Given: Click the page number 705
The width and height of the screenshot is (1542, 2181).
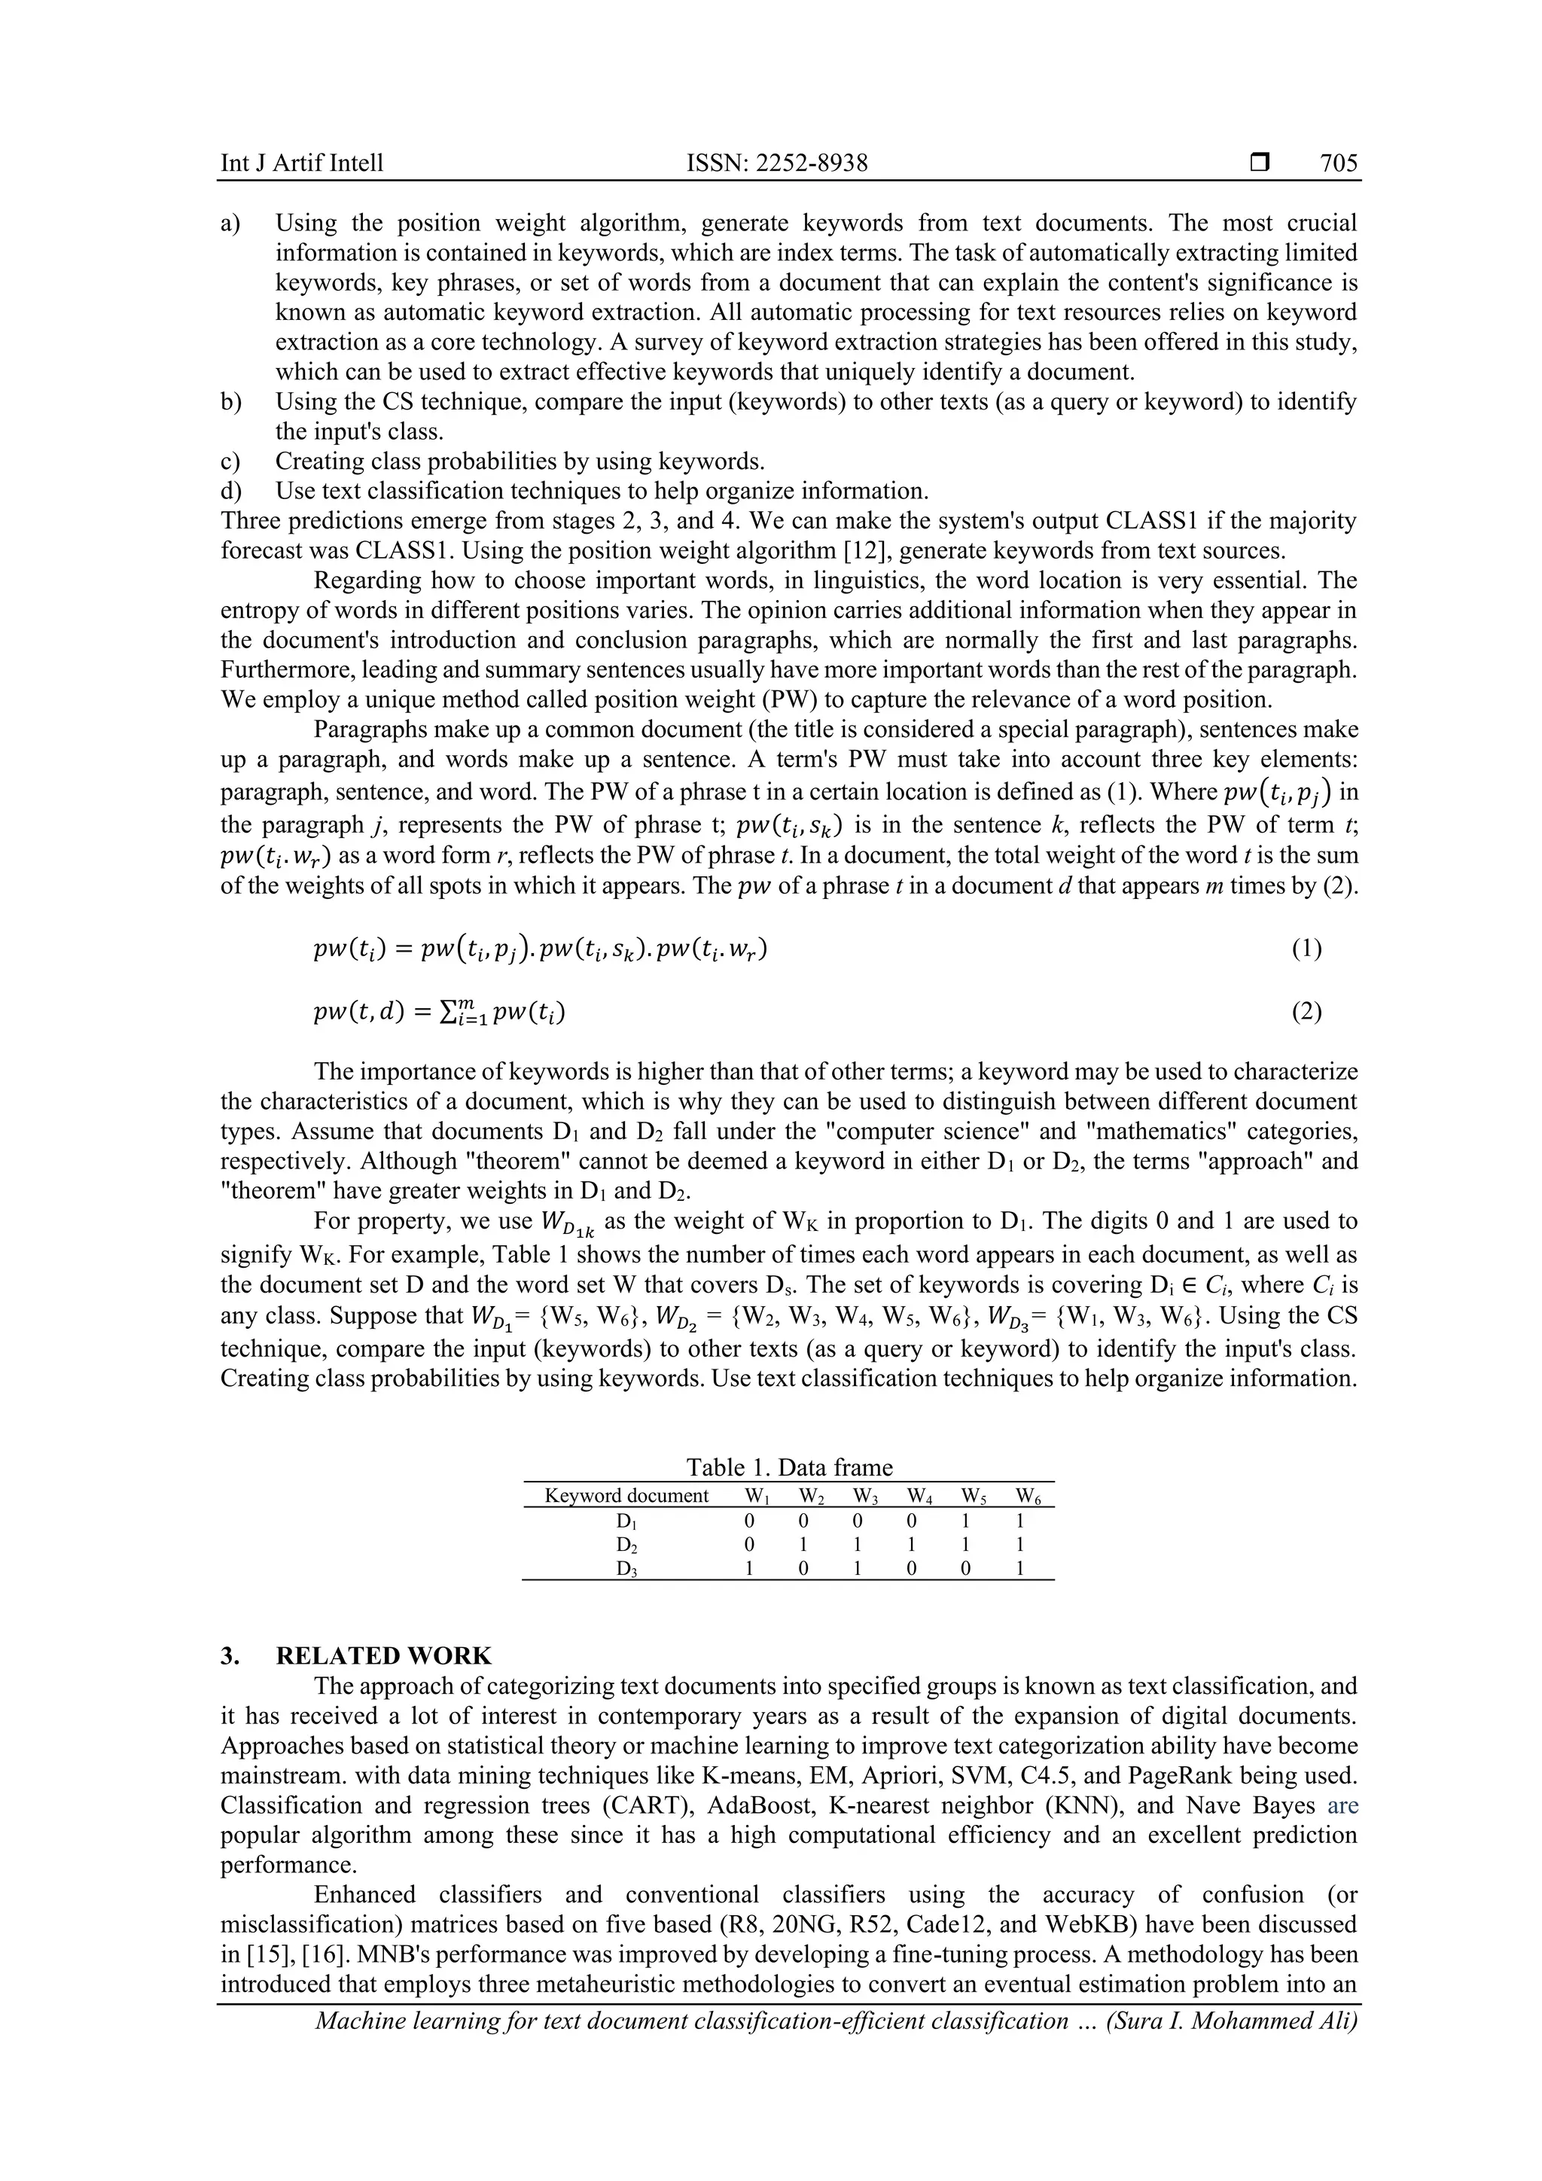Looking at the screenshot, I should point(1339,163).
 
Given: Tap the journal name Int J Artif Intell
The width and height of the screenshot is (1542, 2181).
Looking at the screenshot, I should point(302,163).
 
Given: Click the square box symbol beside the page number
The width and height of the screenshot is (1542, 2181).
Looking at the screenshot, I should point(1260,163).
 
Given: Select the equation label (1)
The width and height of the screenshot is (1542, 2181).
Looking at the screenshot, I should point(1306,949).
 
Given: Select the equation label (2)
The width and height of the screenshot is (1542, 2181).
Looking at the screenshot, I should point(1306,1012).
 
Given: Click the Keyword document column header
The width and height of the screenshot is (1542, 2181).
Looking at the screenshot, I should point(626,1496).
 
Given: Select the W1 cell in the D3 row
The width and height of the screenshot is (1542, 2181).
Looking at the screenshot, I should point(748,1568).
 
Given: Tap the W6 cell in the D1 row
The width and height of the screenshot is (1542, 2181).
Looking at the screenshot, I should point(1020,1520).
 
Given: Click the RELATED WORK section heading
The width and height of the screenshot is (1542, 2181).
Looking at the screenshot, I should point(383,1656).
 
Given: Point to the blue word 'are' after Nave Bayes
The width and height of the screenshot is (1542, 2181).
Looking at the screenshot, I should point(1342,1806).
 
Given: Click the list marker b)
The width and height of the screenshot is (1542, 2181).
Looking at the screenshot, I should point(231,402).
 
